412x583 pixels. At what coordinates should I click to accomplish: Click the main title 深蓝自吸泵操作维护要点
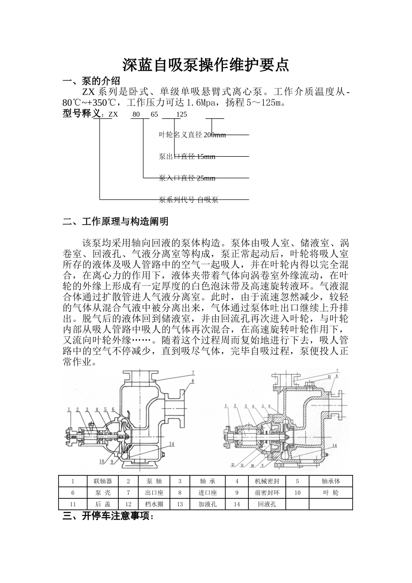(206, 65)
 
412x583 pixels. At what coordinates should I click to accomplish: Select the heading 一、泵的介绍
(91, 81)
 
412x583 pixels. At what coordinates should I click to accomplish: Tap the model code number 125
(182, 115)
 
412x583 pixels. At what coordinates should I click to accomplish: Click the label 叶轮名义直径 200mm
(193, 135)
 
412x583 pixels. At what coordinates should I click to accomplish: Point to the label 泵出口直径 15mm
(187, 157)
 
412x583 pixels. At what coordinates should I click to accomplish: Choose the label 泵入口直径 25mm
(187, 178)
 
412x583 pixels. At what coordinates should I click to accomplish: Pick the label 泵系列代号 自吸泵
(188, 200)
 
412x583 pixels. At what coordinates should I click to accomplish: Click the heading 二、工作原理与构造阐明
(115, 222)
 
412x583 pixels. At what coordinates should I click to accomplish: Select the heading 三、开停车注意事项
(108, 516)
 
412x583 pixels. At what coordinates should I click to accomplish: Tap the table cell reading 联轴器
(103, 481)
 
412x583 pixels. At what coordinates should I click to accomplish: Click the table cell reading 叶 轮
(330, 493)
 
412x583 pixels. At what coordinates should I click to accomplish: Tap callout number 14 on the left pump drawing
(172, 444)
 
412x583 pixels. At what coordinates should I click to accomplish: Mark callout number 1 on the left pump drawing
(69, 409)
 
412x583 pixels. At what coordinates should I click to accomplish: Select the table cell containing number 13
(180, 504)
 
